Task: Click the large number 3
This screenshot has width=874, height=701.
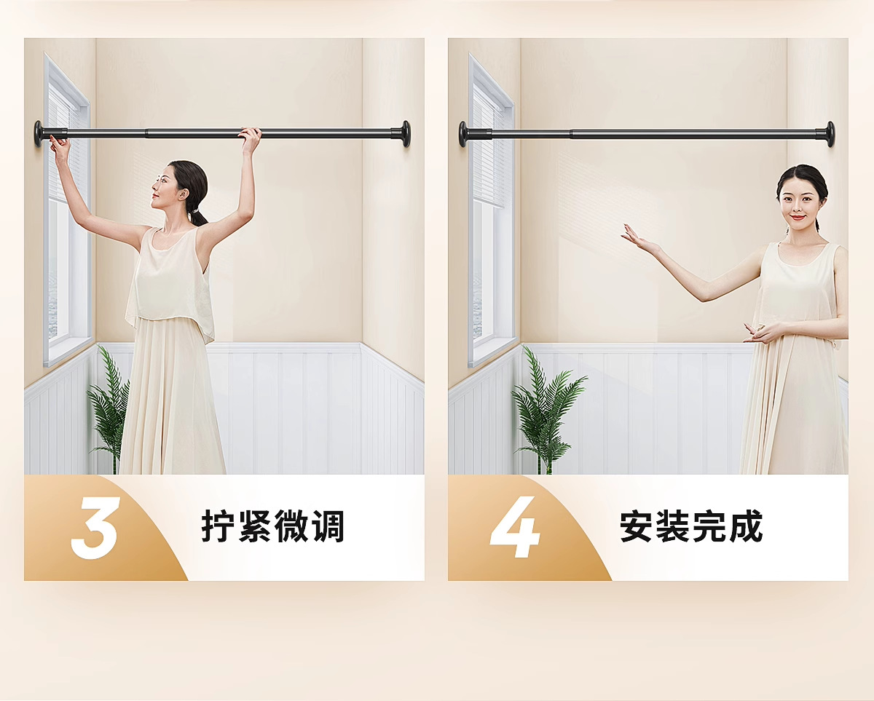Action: click(95, 528)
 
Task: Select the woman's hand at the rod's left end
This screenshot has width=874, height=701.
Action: click(59, 146)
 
